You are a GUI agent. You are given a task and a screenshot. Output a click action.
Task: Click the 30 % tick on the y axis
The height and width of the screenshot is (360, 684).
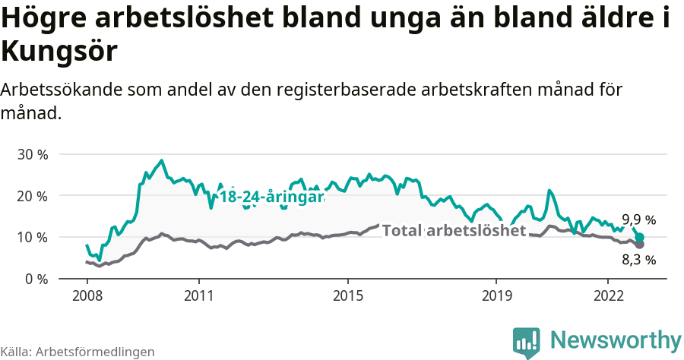(32, 154)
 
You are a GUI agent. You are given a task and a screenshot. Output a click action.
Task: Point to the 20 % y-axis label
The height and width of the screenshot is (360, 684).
(32, 196)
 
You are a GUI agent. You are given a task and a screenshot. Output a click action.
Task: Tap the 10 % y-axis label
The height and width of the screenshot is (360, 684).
(32, 238)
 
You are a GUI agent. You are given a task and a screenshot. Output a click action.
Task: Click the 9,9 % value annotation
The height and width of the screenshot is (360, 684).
(638, 220)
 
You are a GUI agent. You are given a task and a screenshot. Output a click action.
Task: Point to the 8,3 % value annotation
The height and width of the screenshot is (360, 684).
(638, 260)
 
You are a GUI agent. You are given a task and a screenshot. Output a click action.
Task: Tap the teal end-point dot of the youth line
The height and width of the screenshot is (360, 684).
(640, 238)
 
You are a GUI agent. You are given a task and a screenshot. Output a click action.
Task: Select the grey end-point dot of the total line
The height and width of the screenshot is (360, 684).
(640, 245)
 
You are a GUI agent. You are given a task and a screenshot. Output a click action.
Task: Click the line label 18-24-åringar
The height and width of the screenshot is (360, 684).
(271, 197)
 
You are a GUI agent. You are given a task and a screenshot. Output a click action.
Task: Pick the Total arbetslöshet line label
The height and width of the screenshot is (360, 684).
(454, 231)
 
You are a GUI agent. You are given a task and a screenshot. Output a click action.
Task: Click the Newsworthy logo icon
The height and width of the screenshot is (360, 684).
(527, 342)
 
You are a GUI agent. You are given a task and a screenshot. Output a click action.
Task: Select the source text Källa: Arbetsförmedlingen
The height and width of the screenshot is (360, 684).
(78, 352)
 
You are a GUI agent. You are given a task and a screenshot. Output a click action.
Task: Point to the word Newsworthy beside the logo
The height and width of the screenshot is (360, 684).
(616, 339)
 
